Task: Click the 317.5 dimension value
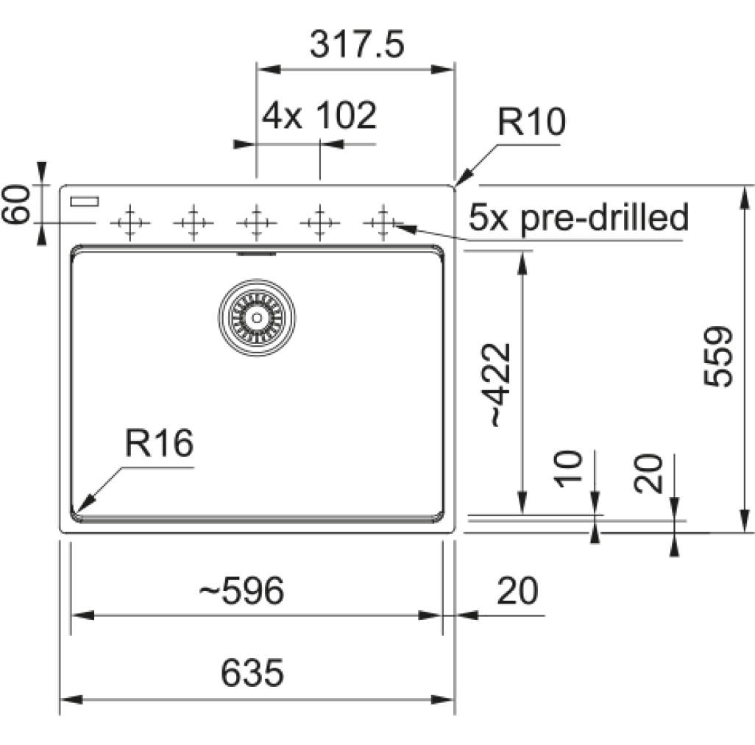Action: point(357,44)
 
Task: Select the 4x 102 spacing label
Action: point(319,116)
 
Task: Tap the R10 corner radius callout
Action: point(531,122)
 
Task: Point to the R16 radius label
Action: point(159,443)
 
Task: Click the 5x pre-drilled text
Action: point(578,218)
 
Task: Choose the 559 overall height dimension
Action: point(718,357)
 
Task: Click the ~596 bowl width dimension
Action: point(241,590)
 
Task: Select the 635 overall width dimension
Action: point(252,673)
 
